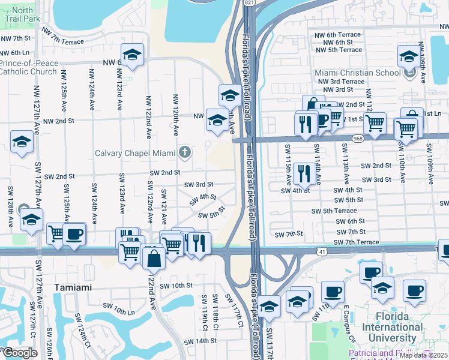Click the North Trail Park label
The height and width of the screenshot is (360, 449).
23,14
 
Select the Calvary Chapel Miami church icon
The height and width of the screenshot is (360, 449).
185,152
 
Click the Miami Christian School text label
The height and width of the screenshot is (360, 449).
358,73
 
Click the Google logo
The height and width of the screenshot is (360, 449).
20,353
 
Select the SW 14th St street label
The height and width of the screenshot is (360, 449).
200,341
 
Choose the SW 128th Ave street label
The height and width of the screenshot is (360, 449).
11,206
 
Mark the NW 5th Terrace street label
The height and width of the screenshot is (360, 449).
342,50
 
